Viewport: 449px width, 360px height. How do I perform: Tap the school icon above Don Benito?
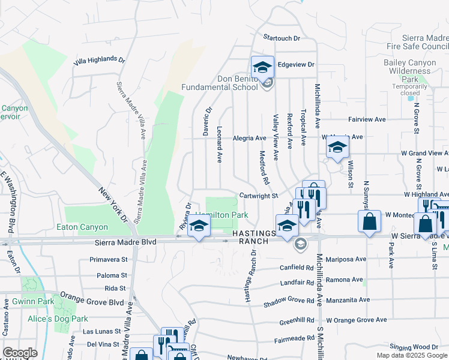262,67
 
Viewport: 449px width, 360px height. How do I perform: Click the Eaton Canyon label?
82,227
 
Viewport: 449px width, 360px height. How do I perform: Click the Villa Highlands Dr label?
99,61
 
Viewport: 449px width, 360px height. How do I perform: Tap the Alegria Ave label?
249,138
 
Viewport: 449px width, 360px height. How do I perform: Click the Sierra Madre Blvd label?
126,241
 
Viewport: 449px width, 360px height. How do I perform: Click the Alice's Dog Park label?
58,319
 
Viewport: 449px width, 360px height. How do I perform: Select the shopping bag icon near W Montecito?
369,220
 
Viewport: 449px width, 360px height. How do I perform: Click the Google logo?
20,352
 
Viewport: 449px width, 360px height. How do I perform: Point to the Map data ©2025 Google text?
412,355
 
